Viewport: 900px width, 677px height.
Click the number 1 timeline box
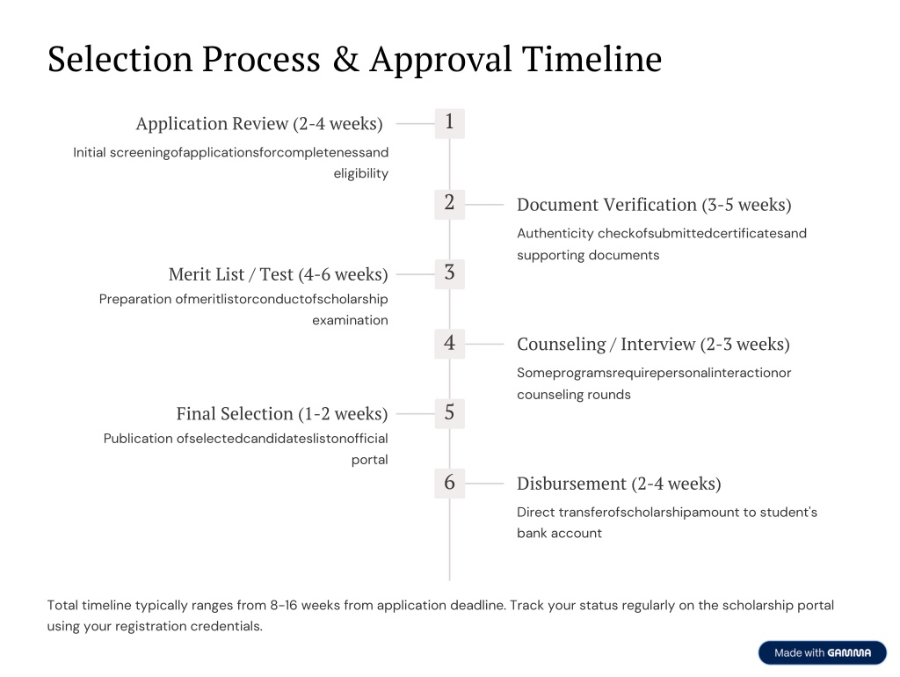[x=449, y=123]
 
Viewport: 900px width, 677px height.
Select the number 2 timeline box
[x=449, y=205]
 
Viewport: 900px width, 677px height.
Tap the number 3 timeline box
[x=449, y=274]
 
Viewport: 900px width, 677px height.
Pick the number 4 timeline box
[x=449, y=344]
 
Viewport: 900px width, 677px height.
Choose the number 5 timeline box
[x=449, y=413]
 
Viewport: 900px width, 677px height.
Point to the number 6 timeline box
[x=449, y=483]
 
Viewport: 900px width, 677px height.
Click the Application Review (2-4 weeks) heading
[x=259, y=124]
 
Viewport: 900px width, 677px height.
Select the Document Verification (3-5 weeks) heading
[x=654, y=205]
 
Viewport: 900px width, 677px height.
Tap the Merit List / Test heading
[x=279, y=274]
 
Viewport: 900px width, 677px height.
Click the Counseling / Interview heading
[x=653, y=345]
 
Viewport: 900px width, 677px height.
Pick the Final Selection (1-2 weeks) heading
[x=282, y=414]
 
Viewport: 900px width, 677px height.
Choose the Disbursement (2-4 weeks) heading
[x=619, y=484]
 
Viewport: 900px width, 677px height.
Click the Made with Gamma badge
[x=823, y=653]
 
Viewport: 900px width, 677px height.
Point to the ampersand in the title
[x=345, y=59]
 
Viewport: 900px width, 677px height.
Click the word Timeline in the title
[x=592, y=59]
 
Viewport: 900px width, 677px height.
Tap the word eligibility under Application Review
[x=361, y=173]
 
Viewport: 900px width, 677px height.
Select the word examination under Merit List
[x=350, y=320]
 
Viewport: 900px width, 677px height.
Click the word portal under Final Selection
[x=370, y=460]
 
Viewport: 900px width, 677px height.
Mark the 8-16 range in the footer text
[x=284, y=605]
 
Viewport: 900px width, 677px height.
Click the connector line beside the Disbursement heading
[x=484, y=484]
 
